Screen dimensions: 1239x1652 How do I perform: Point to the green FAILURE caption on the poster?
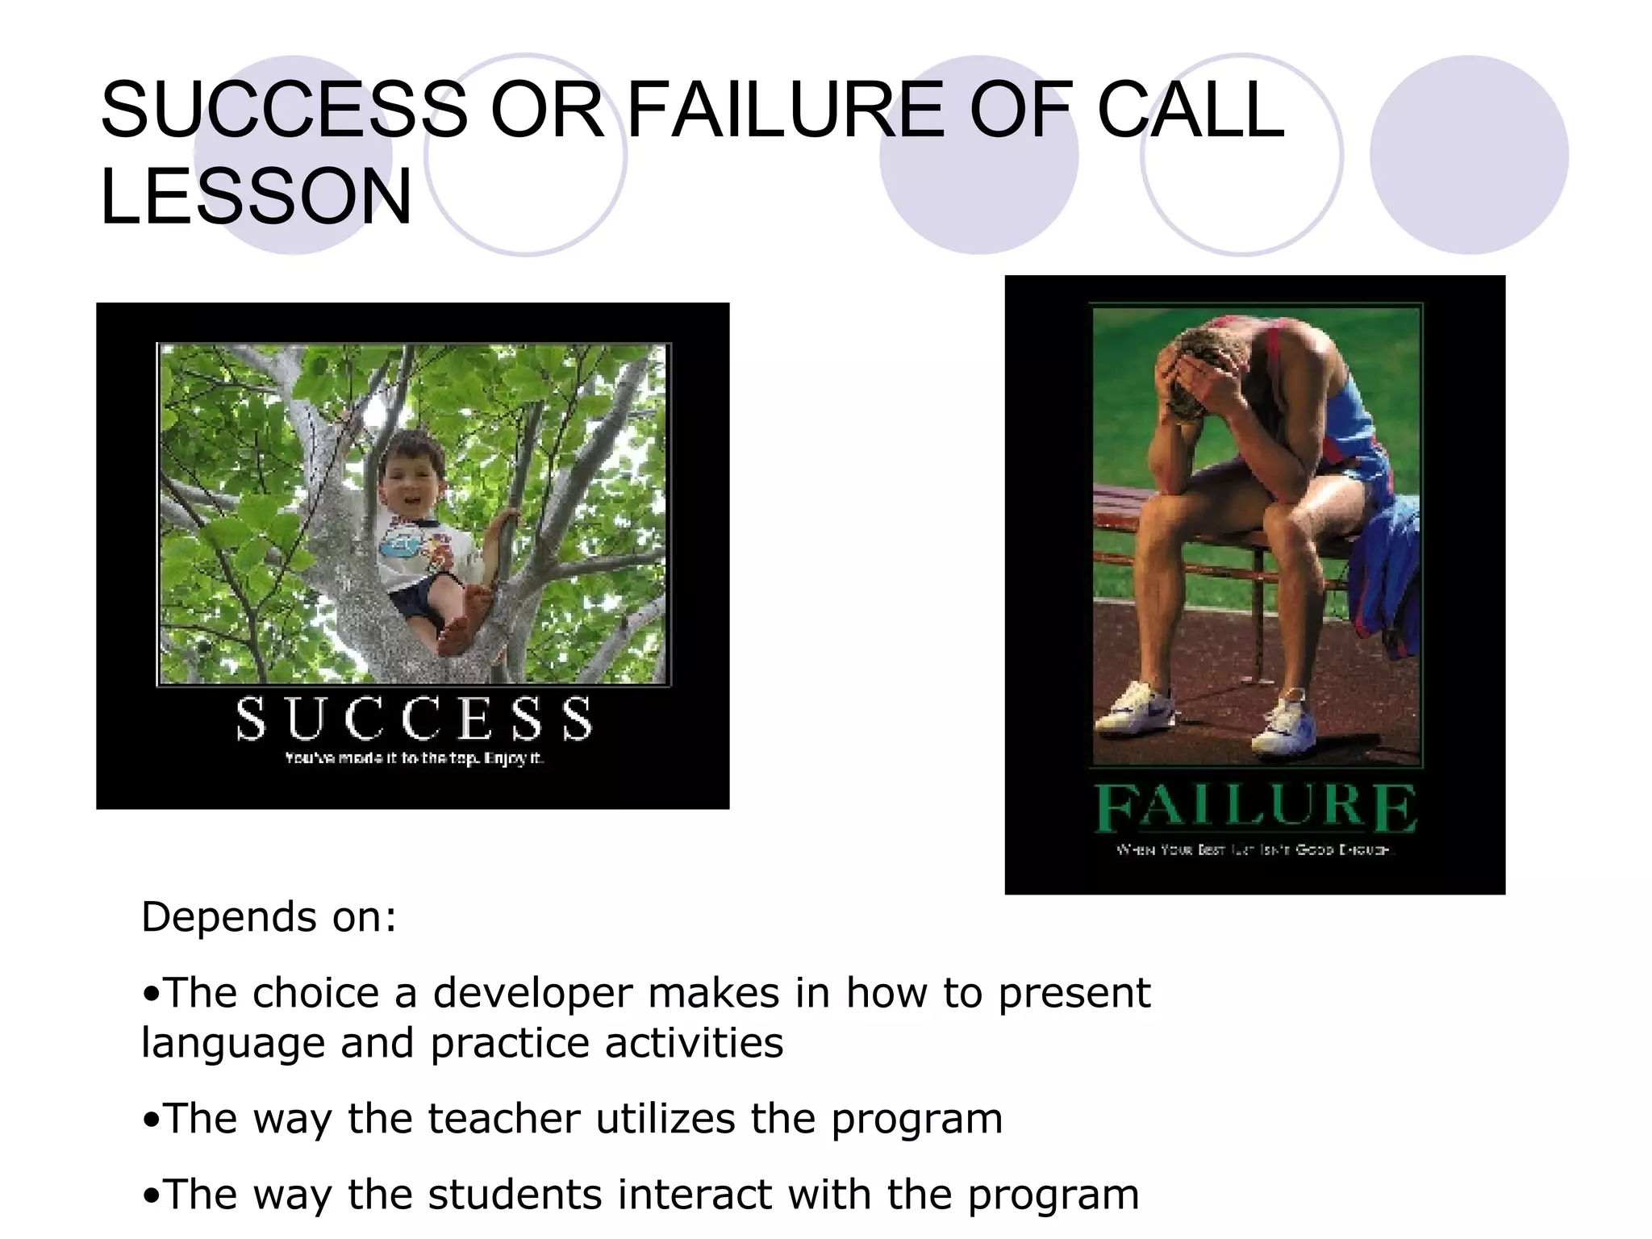pyautogui.click(x=1254, y=808)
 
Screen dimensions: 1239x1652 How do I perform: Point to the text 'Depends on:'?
pyautogui.click(x=269, y=917)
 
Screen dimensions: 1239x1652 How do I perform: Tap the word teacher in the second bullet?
pyautogui.click(x=503, y=1119)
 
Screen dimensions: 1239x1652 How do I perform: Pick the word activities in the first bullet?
pyautogui.click(x=694, y=1043)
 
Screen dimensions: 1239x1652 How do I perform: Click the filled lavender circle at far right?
pyautogui.click(x=1468, y=155)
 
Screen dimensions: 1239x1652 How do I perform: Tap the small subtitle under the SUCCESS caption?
pyautogui.click(x=414, y=758)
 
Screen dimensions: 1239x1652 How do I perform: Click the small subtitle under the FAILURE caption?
pyautogui.click(x=1254, y=849)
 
